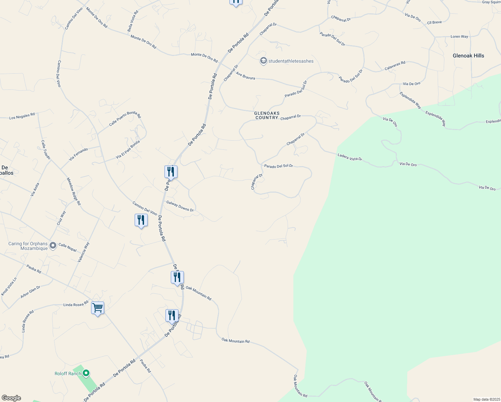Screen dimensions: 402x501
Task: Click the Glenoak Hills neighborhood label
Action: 468,56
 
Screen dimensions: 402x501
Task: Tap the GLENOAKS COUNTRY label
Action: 267,116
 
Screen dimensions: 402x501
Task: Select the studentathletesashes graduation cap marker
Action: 264,61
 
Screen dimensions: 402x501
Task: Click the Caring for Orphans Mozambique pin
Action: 53,246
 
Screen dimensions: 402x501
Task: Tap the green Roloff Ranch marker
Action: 86,373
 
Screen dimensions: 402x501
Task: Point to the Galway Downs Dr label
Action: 180,206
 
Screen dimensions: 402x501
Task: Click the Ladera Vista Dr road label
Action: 350,157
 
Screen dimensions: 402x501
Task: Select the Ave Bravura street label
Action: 245,76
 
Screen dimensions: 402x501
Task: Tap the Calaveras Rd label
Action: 395,65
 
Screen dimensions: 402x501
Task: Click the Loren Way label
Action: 459,37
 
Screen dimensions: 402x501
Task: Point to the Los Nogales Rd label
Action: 22,116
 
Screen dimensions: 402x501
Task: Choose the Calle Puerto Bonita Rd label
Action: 125,119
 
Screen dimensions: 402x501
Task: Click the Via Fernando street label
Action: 78,154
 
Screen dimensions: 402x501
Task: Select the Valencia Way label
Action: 83,252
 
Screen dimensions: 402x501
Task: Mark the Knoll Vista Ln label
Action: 9,286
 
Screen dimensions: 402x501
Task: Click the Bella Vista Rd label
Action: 133,21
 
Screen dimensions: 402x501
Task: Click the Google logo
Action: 11,398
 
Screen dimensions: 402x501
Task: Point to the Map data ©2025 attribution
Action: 486,399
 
